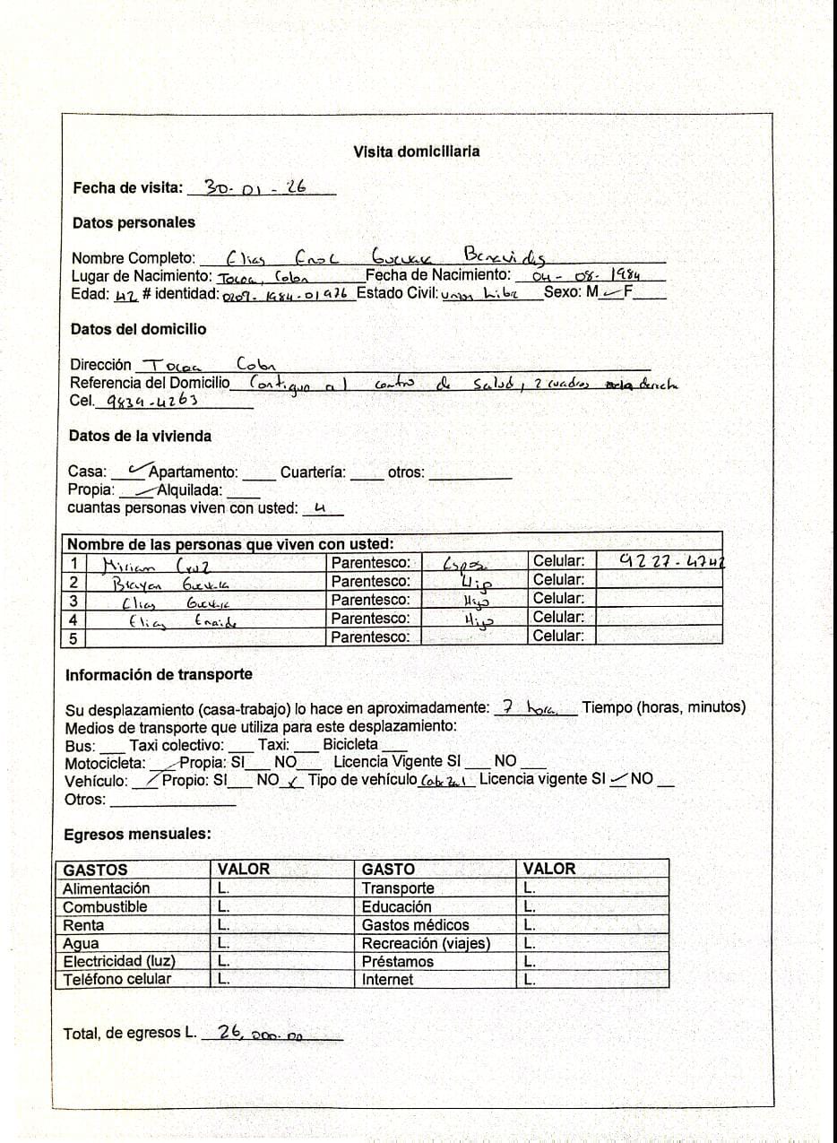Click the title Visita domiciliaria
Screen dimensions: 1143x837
click(416, 152)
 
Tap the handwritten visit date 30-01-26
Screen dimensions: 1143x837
click(256, 186)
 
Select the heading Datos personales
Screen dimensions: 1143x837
click(134, 222)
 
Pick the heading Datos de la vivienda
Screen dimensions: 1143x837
click(140, 436)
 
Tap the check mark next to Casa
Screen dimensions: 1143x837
click(137, 467)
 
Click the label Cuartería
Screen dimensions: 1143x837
click(313, 472)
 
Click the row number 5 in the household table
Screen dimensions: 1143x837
click(73, 637)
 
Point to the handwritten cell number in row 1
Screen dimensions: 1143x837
click(671, 561)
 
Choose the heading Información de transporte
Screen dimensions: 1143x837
click(159, 674)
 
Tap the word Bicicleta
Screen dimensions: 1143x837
click(350, 744)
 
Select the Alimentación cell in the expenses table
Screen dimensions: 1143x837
click(107, 888)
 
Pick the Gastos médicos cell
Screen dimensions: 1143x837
click(415, 924)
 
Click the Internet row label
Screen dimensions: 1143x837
click(387, 980)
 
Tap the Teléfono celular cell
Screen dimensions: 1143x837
click(116, 979)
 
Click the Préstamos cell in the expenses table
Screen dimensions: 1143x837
click(397, 961)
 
